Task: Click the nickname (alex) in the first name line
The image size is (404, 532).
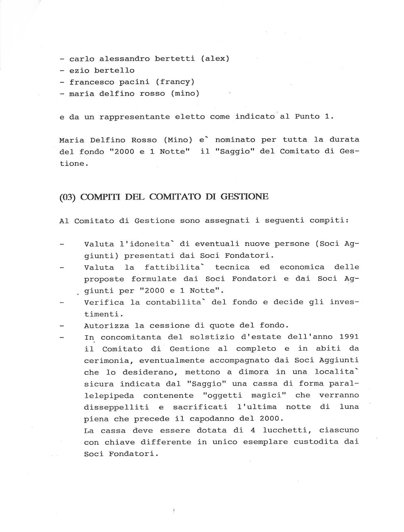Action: coord(215,59)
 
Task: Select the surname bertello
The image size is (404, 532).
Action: coord(114,71)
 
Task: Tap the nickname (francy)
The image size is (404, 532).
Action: coord(175,82)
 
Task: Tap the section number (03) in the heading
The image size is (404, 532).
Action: coord(68,197)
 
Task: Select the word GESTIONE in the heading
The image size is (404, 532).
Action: coord(244,197)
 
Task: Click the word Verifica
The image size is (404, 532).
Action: coord(104,302)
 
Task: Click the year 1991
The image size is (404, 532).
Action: coord(349,337)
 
